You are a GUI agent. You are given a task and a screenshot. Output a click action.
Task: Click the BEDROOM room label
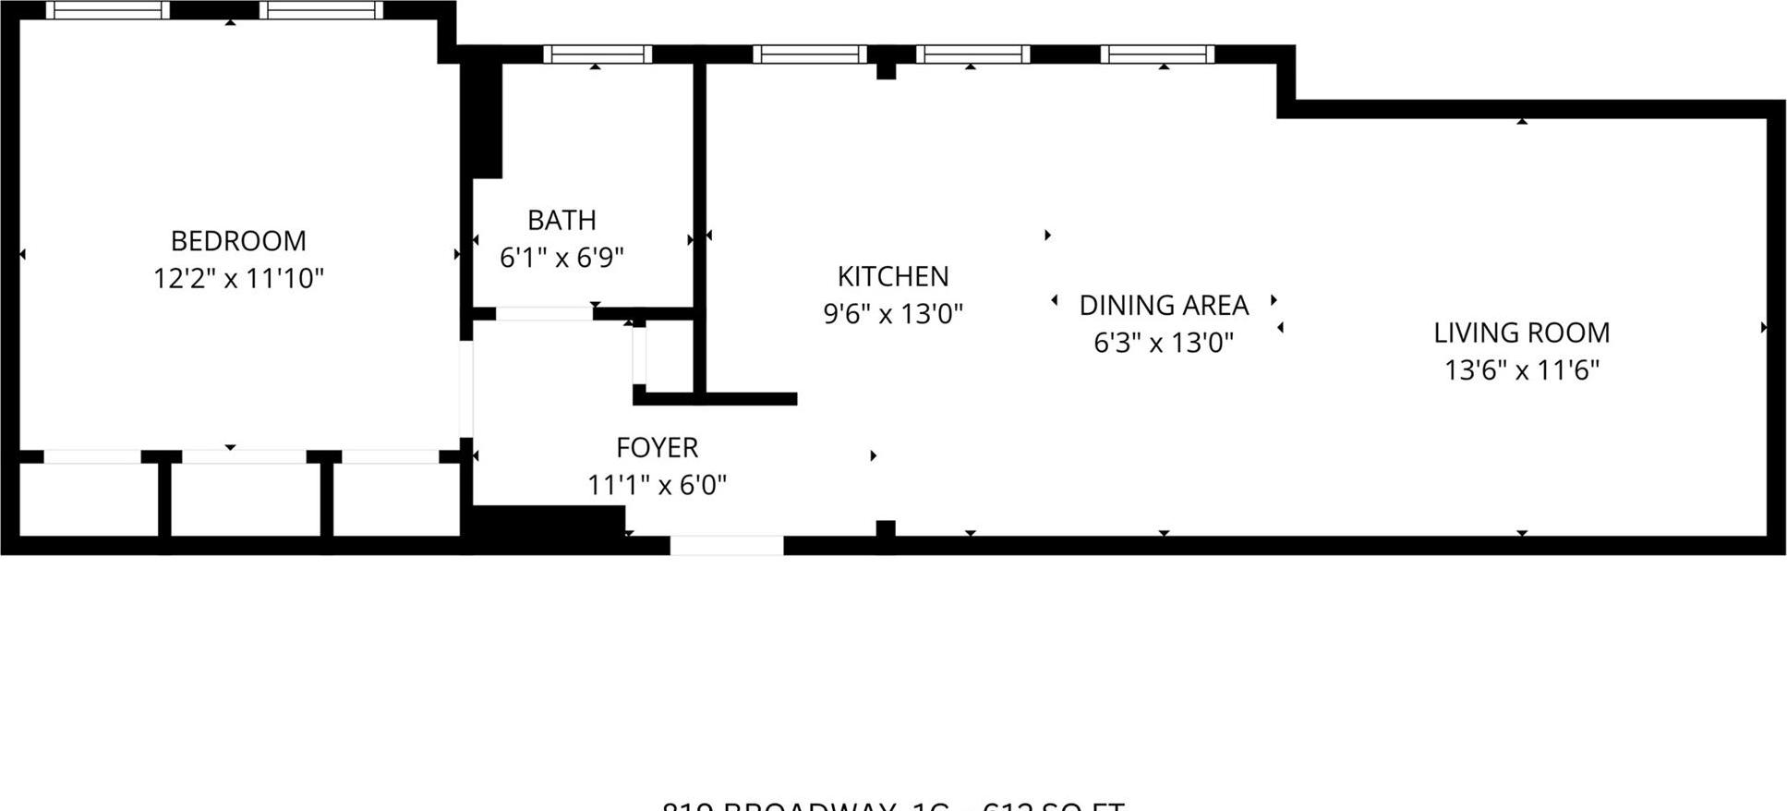[238, 241]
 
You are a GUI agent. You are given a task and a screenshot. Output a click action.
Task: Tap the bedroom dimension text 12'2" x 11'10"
[238, 278]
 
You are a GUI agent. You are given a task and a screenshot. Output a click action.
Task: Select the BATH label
[561, 220]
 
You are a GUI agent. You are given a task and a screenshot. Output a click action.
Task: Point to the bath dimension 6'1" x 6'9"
[561, 258]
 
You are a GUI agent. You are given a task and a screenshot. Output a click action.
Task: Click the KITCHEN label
[892, 276]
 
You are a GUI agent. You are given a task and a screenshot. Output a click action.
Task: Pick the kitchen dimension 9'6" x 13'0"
[892, 314]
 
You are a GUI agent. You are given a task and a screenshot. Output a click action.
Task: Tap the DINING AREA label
[1164, 305]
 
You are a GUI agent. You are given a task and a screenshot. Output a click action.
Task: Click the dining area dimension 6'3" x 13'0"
[1164, 343]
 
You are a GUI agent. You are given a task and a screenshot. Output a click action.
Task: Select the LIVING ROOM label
[1521, 333]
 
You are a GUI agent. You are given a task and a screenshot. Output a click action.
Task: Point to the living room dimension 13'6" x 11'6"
[1521, 370]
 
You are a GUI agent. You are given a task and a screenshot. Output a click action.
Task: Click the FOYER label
[657, 447]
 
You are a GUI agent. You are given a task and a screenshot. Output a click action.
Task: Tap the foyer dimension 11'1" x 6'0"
[657, 485]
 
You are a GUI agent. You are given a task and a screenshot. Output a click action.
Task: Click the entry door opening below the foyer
[727, 546]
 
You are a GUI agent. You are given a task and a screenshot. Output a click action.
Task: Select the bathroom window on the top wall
[598, 54]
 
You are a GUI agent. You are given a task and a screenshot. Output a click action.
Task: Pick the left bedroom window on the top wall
[108, 10]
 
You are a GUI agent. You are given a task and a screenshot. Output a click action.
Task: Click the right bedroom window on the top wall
[321, 10]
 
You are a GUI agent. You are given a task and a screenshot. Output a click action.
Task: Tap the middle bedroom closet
[245, 499]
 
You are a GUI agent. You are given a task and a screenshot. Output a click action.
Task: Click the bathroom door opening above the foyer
[544, 314]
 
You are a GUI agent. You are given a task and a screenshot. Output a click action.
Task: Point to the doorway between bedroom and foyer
[466, 388]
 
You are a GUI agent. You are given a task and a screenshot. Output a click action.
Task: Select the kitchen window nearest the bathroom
[810, 54]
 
